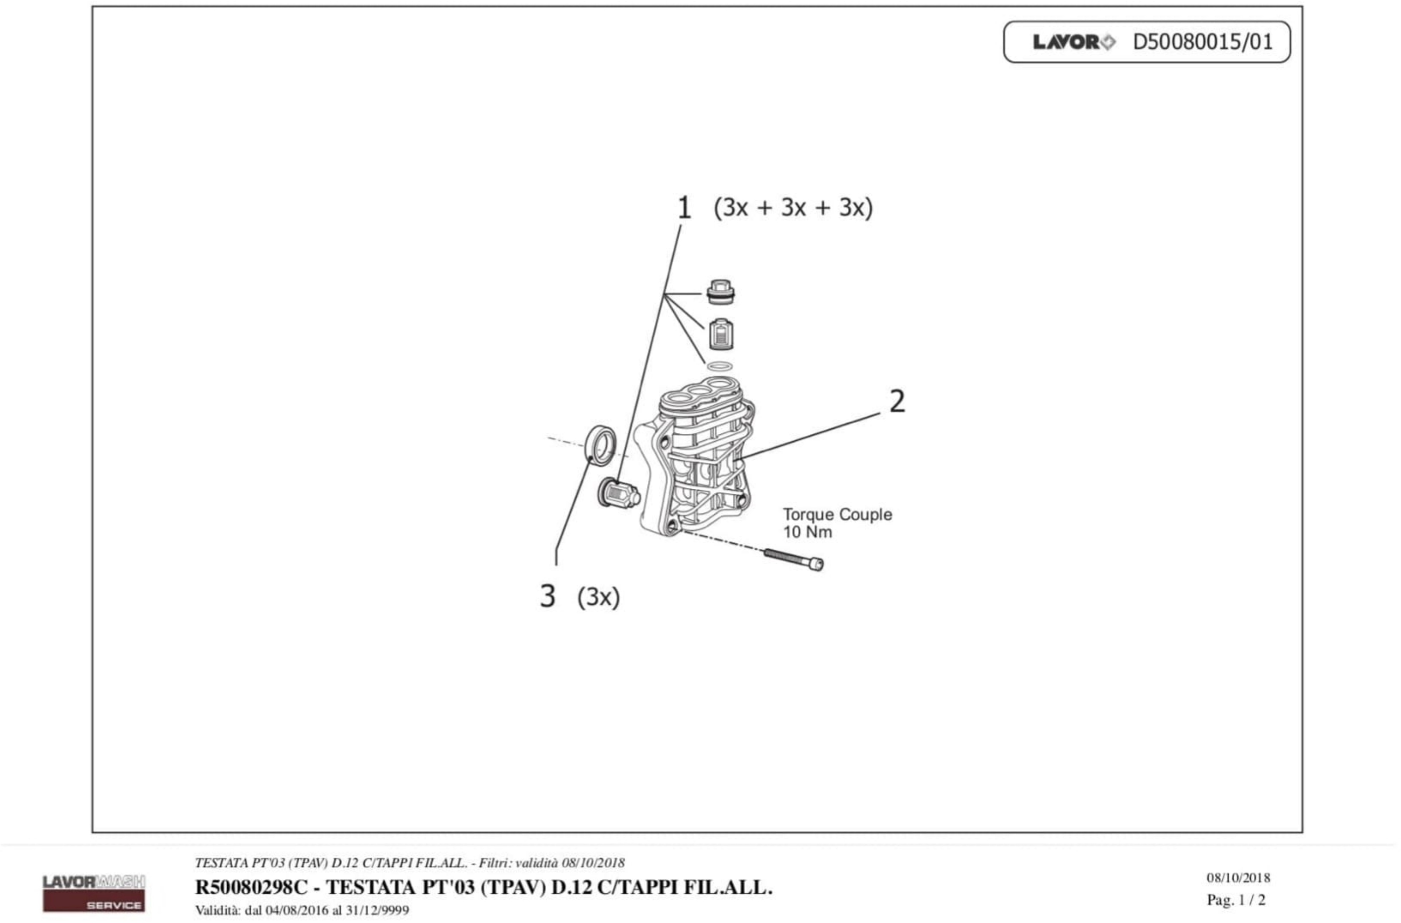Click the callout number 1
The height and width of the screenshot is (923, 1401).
[684, 208]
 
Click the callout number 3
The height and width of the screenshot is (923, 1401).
[547, 596]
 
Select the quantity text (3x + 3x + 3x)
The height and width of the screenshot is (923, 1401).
[793, 208]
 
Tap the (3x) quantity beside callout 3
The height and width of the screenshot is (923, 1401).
[598, 597]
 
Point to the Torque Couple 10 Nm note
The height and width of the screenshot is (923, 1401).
[836, 523]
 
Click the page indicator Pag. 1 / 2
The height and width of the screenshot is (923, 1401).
[1236, 900]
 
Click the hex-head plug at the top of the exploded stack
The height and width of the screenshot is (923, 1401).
[720, 292]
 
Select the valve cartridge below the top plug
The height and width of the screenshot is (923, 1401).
[720, 334]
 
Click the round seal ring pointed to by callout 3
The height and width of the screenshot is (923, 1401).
[602, 445]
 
